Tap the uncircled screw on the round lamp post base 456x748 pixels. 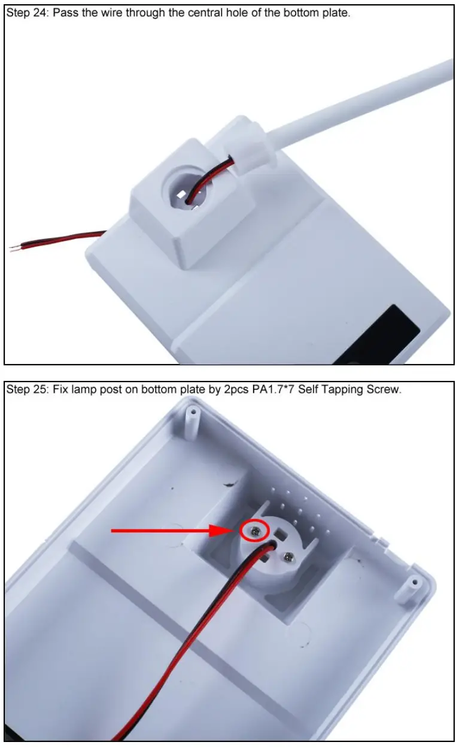pos(290,557)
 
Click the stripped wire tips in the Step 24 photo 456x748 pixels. pos(15,247)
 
